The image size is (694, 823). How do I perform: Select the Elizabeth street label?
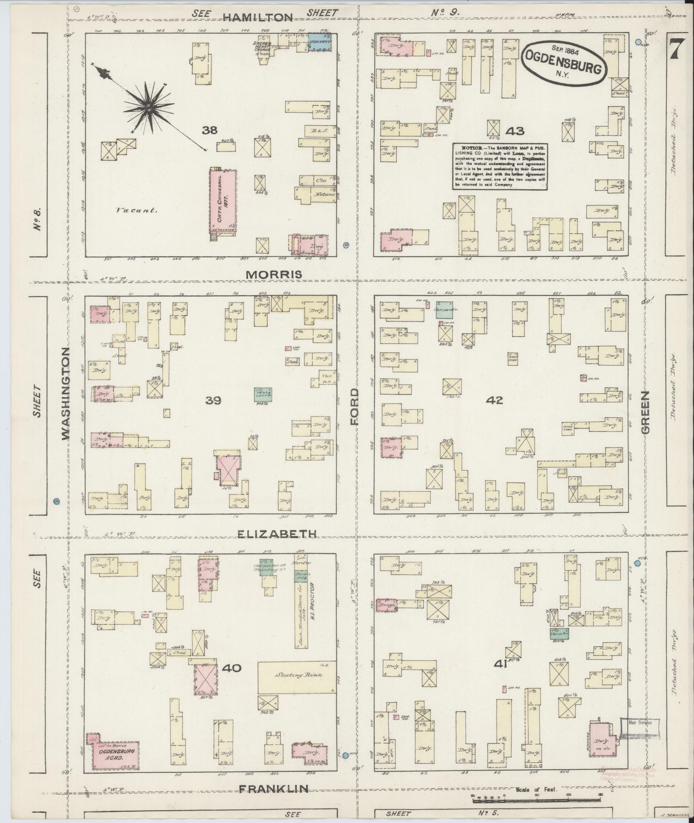pyautogui.click(x=277, y=533)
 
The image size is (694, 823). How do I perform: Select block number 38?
pyautogui.click(x=210, y=130)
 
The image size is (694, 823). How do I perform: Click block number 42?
pyautogui.click(x=494, y=400)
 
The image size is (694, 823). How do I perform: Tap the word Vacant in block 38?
pyautogui.click(x=136, y=211)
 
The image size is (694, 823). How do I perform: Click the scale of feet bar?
pyautogui.click(x=537, y=799)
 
